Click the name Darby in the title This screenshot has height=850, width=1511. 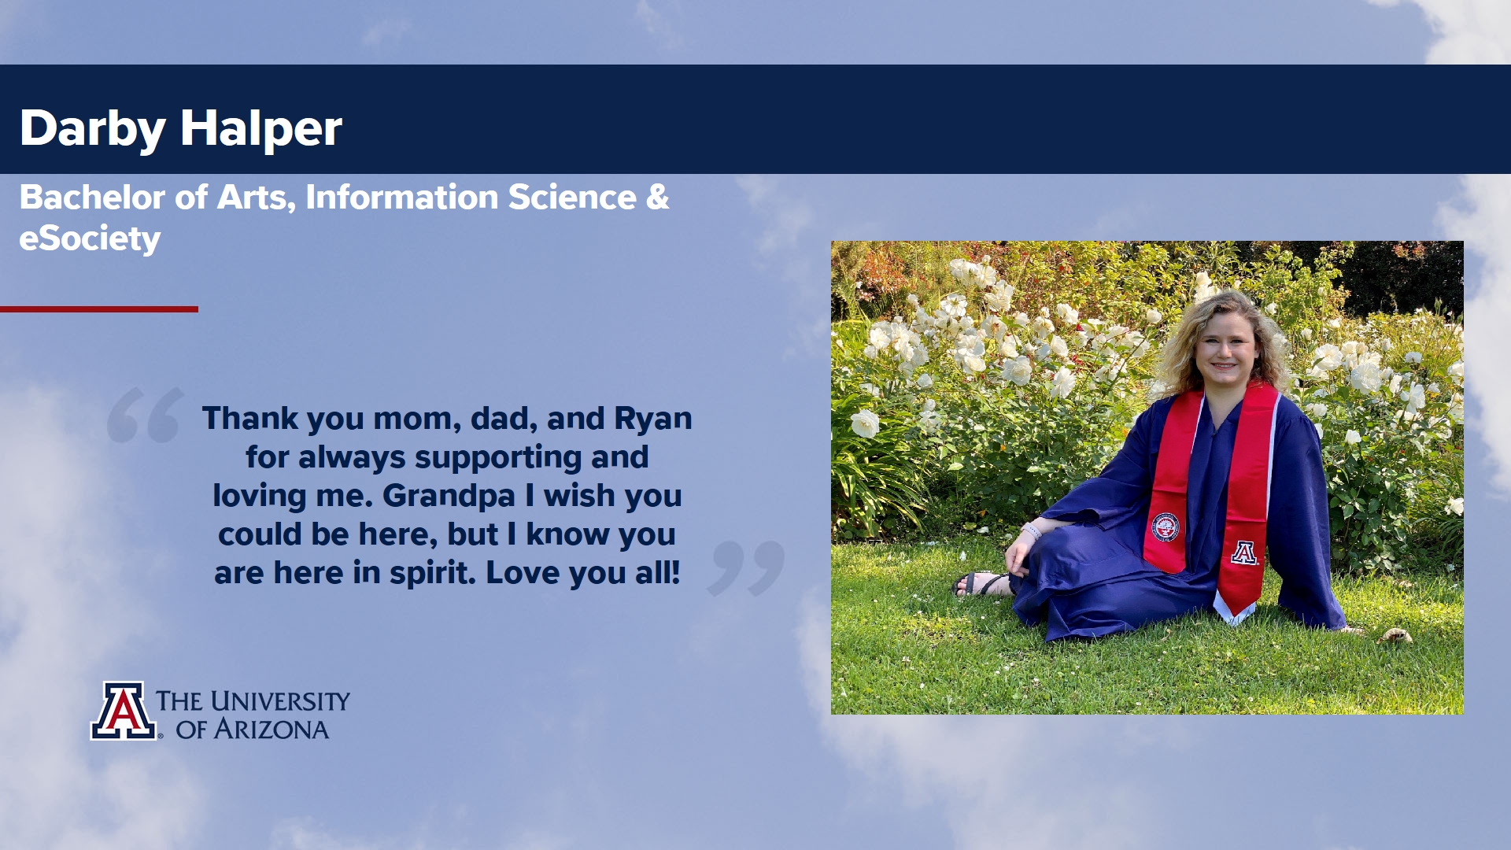pyautogui.click(x=92, y=128)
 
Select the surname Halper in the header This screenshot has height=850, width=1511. pyautogui.click(x=261, y=128)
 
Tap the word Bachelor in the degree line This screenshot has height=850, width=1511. pyautogui.click(x=93, y=197)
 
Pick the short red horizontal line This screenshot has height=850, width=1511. pyautogui.click(x=99, y=309)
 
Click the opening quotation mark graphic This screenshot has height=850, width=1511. pyautogui.click(x=146, y=415)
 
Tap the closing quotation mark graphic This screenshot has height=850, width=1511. pyautogui.click(x=746, y=567)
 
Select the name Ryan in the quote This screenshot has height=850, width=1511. pyautogui.click(x=652, y=419)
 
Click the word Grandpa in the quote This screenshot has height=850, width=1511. pyautogui.click(x=449, y=497)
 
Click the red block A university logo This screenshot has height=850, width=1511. pyautogui.click(x=123, y=711)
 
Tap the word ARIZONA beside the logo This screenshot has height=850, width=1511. pyautogui.click(x=272, y=730)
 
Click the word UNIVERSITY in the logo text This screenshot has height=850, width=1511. pyautogui.click(x=279, y=700)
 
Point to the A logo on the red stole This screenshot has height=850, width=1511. pyautogui.click(x=1243, y=552)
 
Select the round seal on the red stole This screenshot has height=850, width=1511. pyautogui.click(x=1165, y=527)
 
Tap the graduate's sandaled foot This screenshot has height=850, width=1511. pyautogui.click(x=981, y=584)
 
